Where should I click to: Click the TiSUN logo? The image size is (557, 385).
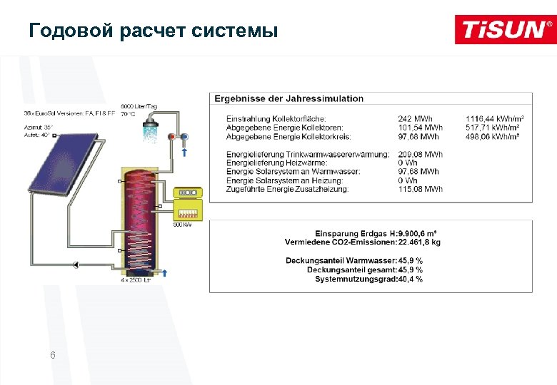click(505, 29)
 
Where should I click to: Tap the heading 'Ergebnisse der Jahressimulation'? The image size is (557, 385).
click(289, 98)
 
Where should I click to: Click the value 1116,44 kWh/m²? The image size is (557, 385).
click(495, 118)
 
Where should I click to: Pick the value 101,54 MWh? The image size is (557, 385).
click(420, 128)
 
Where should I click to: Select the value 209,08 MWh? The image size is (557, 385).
click(420, 154)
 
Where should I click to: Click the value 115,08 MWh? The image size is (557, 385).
click(420, 189)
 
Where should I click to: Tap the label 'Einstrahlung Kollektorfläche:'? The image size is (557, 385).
click(276, 118)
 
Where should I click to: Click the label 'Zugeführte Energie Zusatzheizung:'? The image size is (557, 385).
click(287, 189)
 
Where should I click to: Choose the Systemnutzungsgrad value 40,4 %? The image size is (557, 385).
click(411, 279)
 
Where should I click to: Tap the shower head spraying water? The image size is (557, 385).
click(149, 128)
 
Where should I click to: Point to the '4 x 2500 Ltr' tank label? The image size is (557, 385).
click(135, 280)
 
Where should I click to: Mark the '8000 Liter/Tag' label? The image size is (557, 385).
click(139, 106)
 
